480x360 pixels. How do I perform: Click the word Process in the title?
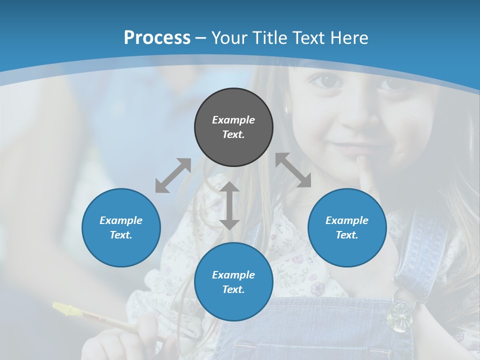pos(157,37)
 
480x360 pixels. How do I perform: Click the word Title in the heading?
pos(268,37)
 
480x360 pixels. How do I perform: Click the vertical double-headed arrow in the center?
pos(229,205)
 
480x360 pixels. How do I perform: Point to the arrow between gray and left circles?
pos(173,175)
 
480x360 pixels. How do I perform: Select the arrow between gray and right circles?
pos(293,170)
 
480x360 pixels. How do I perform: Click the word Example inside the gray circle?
pos(233,120)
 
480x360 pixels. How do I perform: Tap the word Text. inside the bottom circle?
pos(233,289)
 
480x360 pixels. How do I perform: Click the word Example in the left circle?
pos(121,220)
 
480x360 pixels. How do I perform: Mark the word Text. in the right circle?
pos(347,235)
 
